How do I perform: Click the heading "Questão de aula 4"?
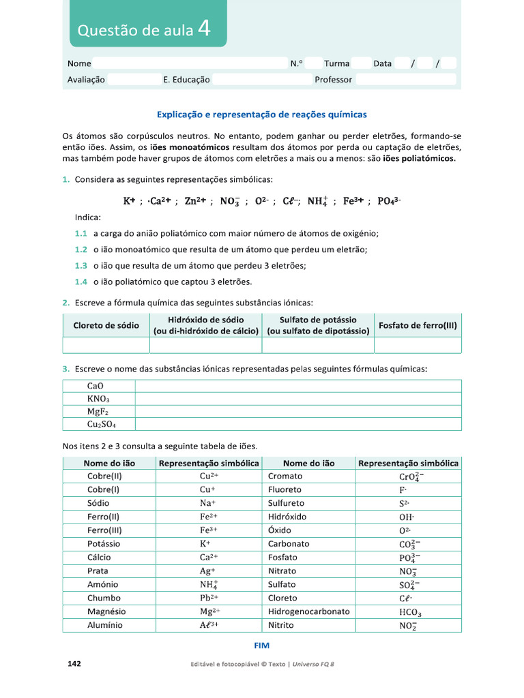click(147, 29)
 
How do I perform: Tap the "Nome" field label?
click(79, 63)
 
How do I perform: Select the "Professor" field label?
click(333, 80)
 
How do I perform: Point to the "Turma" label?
click(336, 63)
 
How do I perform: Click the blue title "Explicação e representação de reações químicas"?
click(262, 115)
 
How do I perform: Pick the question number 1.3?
click(81, 266)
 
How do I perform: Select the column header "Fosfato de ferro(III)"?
click(418, 325)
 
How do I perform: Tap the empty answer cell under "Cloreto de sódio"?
click(106, 345)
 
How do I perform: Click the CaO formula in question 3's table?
click(96, 386)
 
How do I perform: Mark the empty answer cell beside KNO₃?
click(297, 399)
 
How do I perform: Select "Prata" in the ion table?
click(98, 571)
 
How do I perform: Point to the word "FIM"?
click(262, 646)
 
